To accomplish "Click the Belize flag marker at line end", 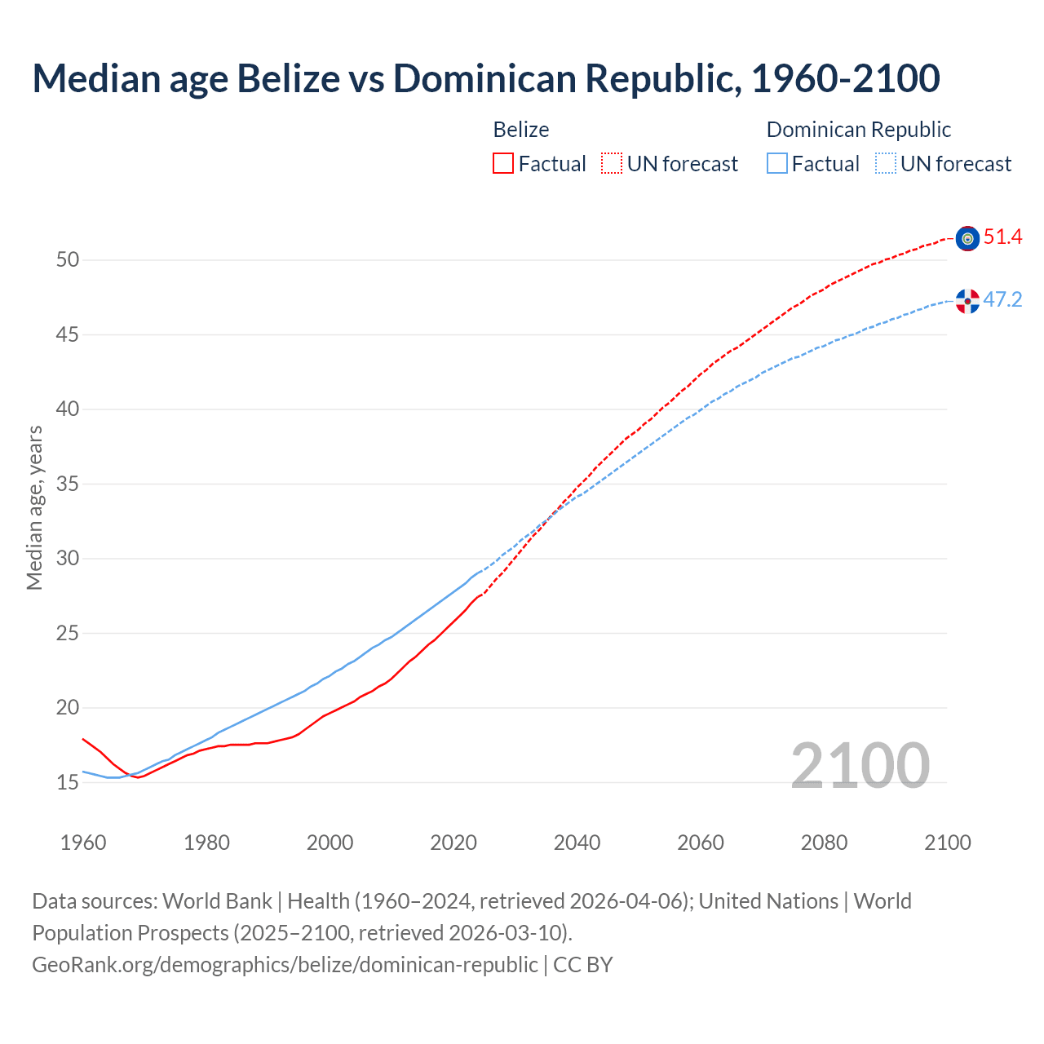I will (967, 238).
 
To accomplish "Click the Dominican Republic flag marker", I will (967, 301).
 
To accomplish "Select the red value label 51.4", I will (1002, 237).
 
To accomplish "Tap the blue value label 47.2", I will (1002, 300).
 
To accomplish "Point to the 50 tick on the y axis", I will (68, 260).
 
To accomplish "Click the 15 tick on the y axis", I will (68, 783).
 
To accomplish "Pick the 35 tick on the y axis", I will (68, 484).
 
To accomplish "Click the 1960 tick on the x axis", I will (83, 843).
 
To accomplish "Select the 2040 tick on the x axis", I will (577, 843).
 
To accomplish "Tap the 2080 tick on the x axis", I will (824, 843).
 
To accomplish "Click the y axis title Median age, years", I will (34, 507).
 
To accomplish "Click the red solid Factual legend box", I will (503, 164).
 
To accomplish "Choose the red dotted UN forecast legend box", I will (612, 164).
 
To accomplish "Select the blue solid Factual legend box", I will (777, 164).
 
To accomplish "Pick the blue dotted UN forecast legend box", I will (886, 164).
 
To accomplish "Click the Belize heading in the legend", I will (521, 130).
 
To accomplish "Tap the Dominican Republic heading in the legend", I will (859, 130).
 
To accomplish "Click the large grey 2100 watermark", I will (860, 766).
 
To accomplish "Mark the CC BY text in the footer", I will (583, 965).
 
